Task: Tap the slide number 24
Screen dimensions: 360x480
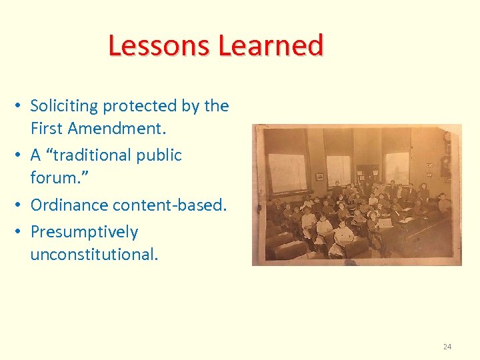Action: click(447, 347)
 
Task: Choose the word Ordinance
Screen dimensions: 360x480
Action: click(70, 205)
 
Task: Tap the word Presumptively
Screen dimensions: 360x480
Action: click(84, 232)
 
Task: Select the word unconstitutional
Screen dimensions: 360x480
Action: click(94, 255)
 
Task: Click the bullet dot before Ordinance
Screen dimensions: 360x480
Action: click(21, 205)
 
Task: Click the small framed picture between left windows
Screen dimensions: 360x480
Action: click(319, 176)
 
